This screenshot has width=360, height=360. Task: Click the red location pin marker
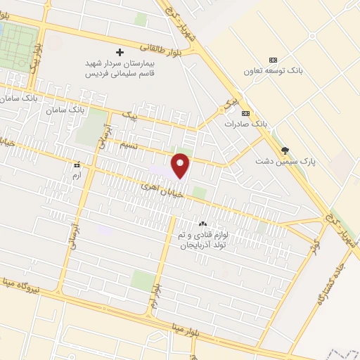181,165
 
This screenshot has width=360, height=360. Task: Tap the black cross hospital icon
120,53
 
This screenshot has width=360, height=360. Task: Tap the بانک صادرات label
246,123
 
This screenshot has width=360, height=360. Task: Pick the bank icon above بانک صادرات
245,113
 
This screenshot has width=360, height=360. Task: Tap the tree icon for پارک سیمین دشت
285,150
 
